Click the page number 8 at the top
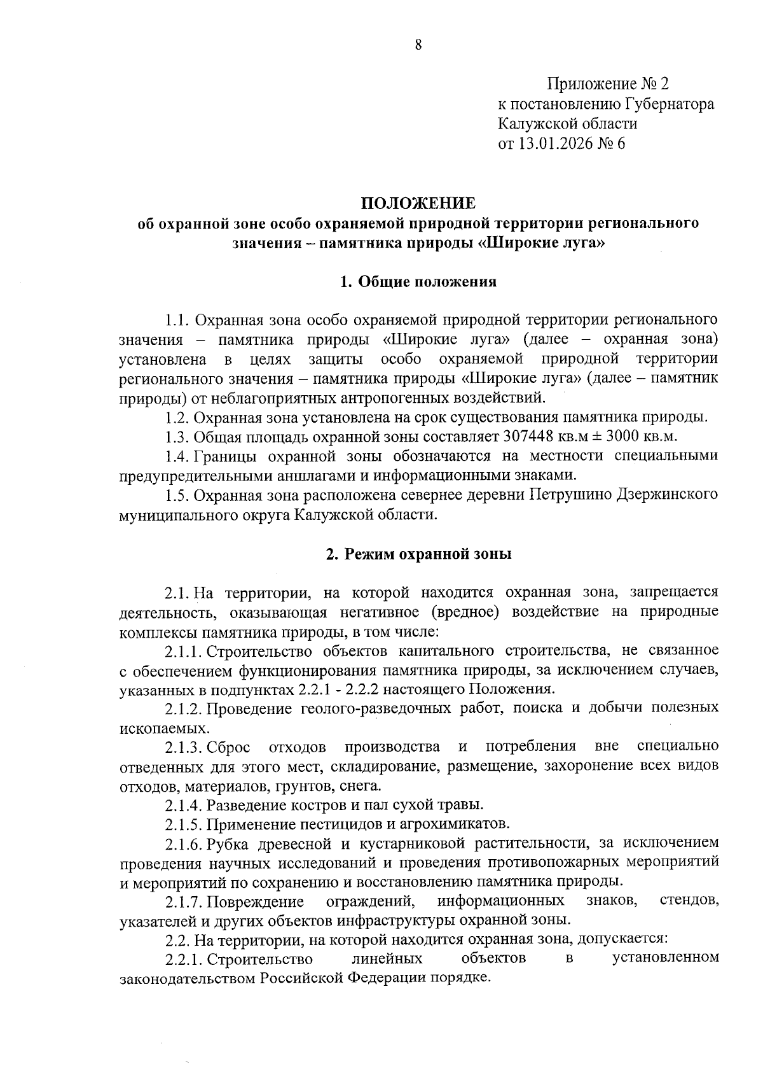(418, 45)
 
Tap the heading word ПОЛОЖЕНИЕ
(418, 204)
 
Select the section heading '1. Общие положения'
(418, 282)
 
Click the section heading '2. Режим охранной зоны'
(418, 554)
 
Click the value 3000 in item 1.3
(630, 437)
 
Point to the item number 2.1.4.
(184, 805)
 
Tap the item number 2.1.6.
(184, 843)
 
